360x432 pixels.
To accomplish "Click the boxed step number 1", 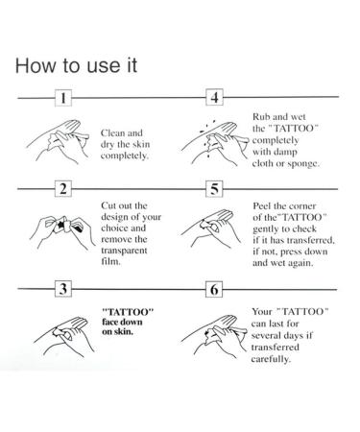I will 63,99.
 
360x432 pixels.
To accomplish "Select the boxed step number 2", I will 63,189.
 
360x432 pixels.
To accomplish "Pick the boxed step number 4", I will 215,99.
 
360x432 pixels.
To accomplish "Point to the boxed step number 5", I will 215,189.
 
